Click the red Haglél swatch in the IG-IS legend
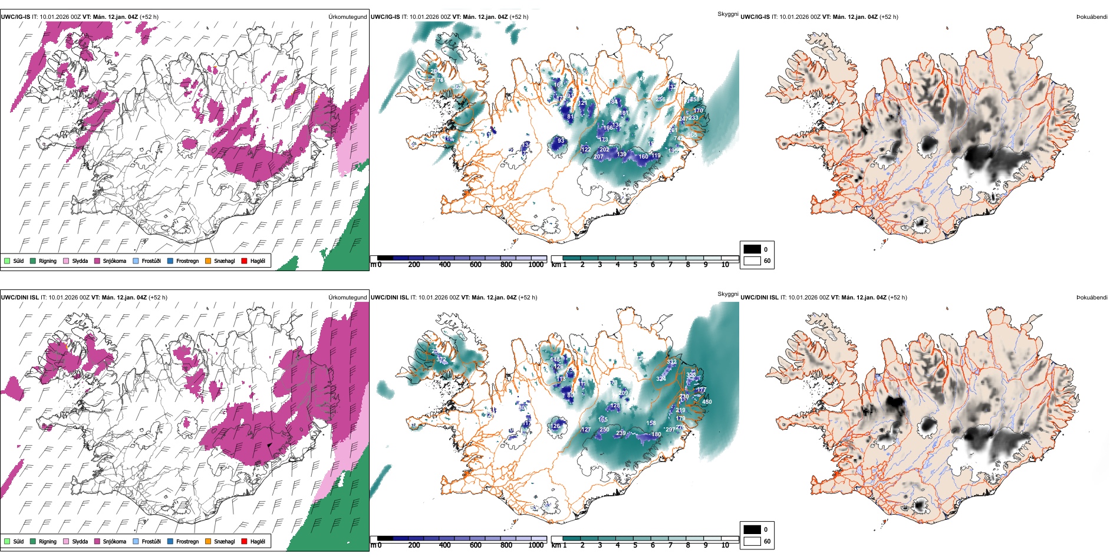tap(244, 261)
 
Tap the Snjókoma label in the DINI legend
tap(114, 541)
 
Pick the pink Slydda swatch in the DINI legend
tap(66, 541)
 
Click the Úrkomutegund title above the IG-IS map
tap(347, 17)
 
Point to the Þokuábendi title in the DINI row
tap(1092, 298)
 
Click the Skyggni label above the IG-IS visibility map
tap(727, 14)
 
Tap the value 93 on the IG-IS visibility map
tap(561, 141)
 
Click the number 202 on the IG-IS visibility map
tap(604, 150)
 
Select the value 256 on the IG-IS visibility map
tap(660, 100)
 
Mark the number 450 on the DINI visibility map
tap(707, 402)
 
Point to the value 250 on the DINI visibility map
tap(604, 430)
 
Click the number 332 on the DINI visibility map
tap(671, 362)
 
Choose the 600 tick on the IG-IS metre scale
tap(476, 265)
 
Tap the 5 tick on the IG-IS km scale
tap(635, 265)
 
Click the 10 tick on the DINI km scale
tap(725, 545)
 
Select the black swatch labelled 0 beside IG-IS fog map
tap(752, 249)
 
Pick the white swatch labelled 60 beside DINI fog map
tap(752, 541)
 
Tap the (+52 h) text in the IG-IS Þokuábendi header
tap(888, 17)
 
